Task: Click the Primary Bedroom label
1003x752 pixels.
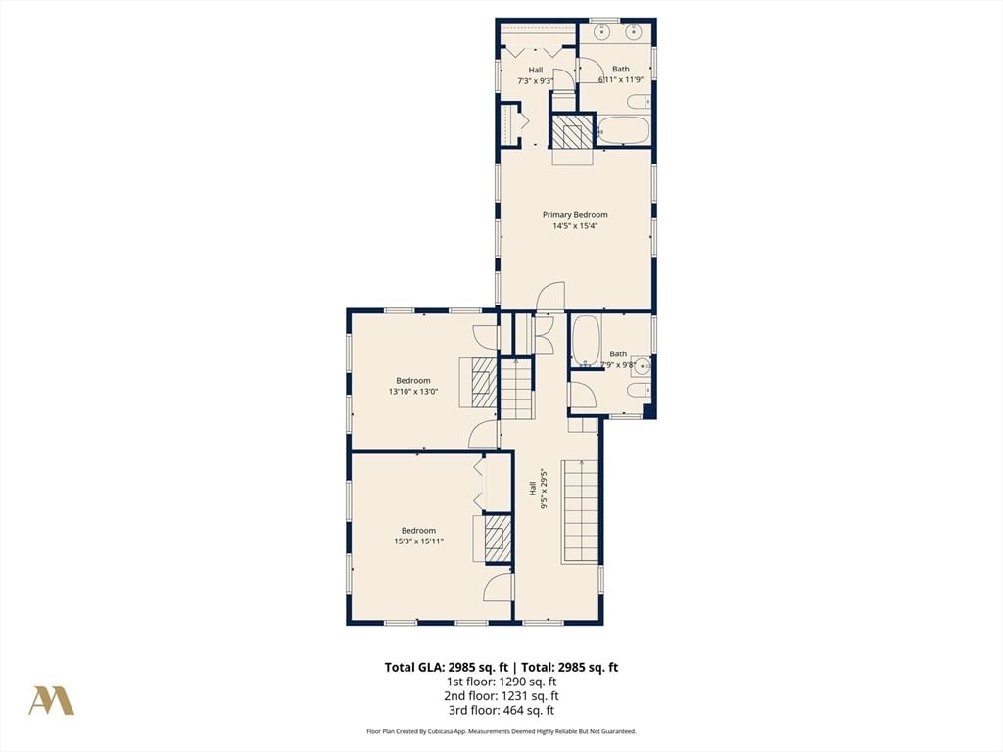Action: tap(575, 214)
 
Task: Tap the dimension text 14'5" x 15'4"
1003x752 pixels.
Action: tap(575, 226)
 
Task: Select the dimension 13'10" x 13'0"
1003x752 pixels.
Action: tap(413, 392)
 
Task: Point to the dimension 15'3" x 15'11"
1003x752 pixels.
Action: tap(418, 540)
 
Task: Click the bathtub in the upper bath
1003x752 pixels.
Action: tap(625, 130)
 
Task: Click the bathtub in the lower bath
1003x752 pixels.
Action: tap(586, 340)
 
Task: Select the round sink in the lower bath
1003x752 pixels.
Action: tap(642, 366)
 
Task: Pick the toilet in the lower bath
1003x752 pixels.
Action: tap(639, 390)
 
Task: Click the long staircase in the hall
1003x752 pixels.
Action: tap(580, 511)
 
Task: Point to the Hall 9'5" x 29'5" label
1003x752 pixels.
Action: tap(538, 490)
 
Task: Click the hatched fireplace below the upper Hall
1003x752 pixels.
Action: tap(567, 132)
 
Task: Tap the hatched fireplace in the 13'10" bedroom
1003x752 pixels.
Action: tap(484, 383)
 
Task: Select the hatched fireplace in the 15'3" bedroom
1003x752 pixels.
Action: tap(497, 540)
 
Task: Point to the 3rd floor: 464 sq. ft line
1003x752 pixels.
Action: tap(501, 710)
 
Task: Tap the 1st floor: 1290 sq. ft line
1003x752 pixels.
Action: tap(501, 681)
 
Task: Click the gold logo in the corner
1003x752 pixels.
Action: tap(51, 701)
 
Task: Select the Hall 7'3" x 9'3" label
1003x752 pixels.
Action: tap(536, 75)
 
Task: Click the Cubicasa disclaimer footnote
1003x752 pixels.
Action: tap(501, 731)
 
